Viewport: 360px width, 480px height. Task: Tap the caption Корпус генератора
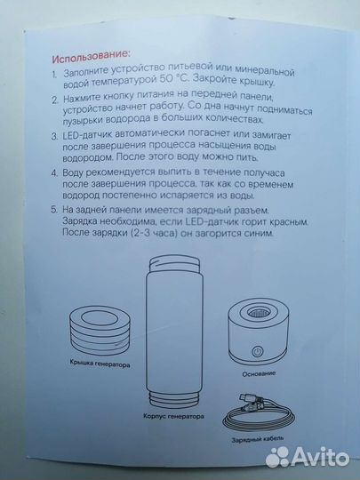click(172, 415)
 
